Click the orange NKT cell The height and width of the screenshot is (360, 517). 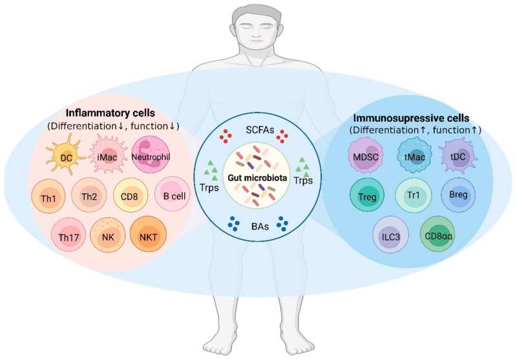click(149, 237)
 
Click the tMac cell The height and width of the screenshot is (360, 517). click(408, 157)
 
